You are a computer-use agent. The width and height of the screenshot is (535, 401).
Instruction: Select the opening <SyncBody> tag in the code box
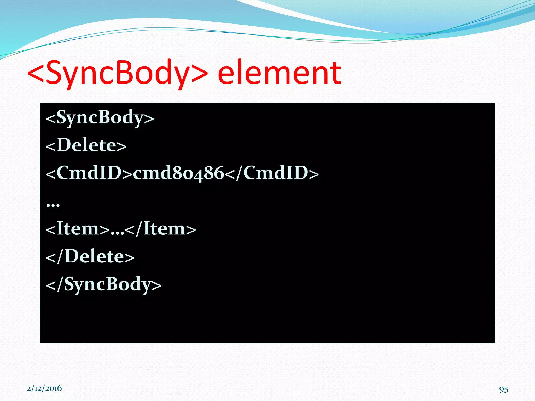point(100,118)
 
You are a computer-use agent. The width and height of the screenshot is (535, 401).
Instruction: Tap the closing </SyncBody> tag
point(104,284)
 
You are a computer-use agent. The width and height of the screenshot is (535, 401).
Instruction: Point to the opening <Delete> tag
point(86,145)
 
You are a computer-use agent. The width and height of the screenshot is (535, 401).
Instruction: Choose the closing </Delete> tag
point(90,256)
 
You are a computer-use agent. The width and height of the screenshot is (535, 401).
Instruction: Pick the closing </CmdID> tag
point(272,173)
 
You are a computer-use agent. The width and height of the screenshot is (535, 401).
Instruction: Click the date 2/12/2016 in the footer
point(44,388)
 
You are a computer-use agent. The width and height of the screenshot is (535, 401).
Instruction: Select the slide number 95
point(504,389)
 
